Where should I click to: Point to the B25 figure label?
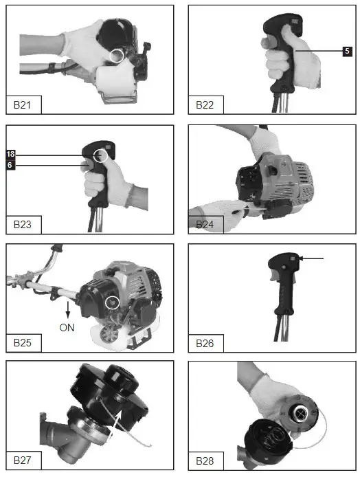click(24, 342)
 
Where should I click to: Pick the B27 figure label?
click(24, 460)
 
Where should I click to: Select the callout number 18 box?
click(10, 154)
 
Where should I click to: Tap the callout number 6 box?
click(10, 165)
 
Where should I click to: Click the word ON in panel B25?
click(67, 328)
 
